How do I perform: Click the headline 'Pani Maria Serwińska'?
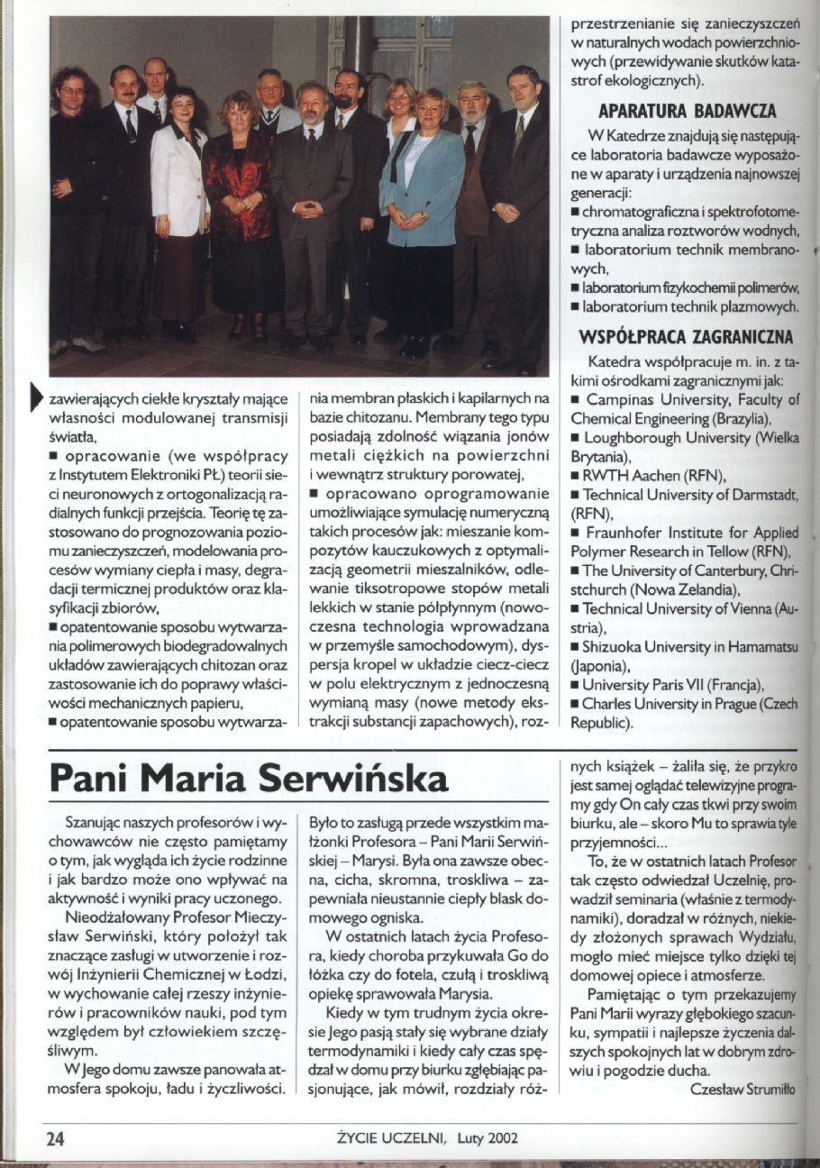point(249,778)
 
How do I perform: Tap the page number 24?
point(56,1137)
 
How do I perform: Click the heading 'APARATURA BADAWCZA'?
point(687,112)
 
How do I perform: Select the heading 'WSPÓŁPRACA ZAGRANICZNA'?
point(685,338)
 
